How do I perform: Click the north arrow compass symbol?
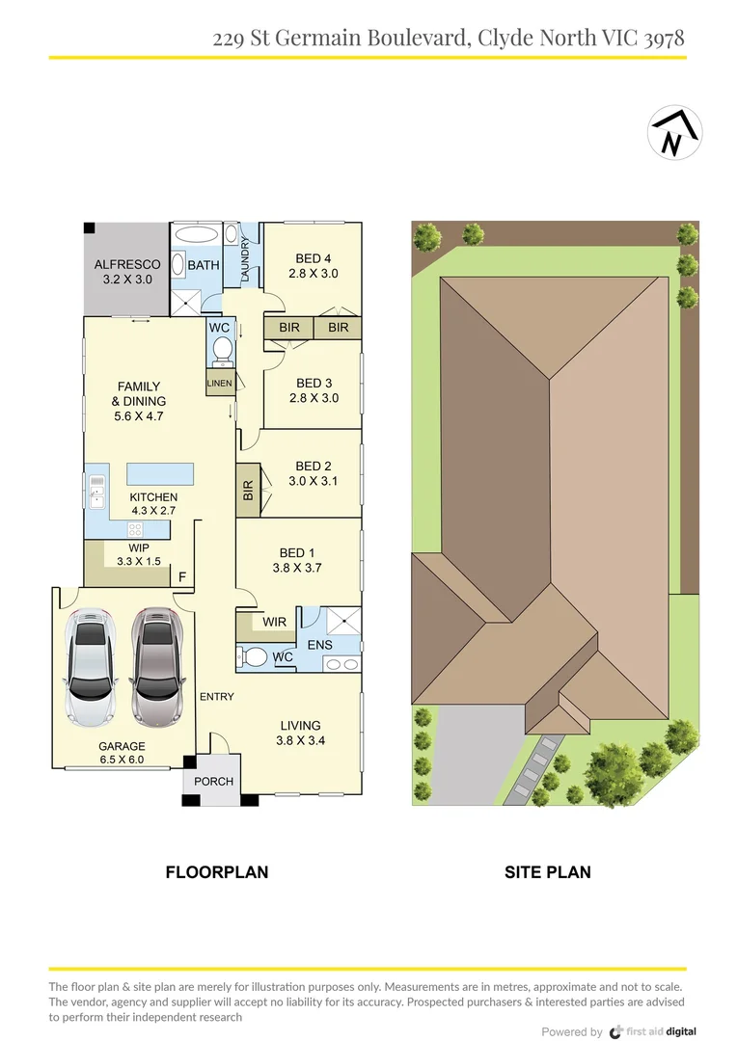(x=674, y=135)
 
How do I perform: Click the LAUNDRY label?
(x=246, y=259)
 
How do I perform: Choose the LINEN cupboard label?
(x=219, y=384)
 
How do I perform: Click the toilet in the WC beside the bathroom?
(x=221, y=350)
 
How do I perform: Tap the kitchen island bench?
(x=160, y=473)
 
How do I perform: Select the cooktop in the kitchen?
(x=135, y=529)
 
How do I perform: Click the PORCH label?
(x=213, y=781)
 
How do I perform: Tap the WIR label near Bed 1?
(x=274, y=623)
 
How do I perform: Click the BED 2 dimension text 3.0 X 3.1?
(x=314, y=481)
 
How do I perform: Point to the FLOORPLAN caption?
(x=217, y=872)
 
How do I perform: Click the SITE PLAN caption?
(x=548, y=872)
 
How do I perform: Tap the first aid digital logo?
(x=652, y=1030)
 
